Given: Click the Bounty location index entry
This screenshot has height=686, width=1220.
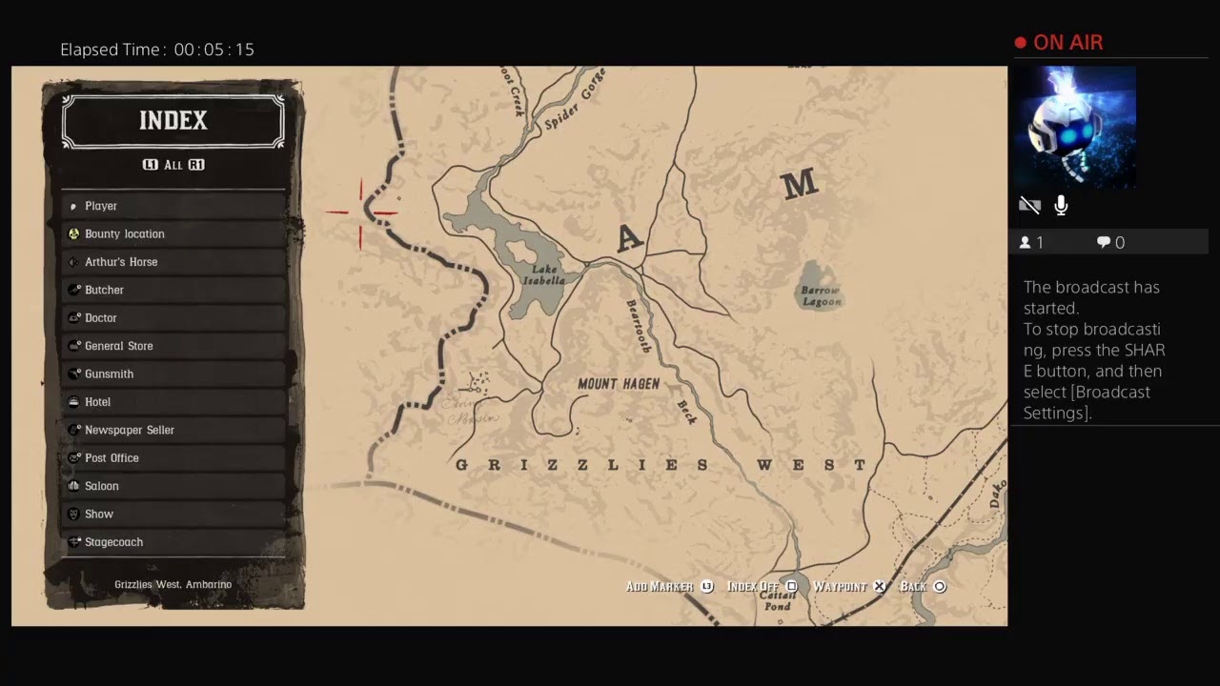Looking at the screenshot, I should (x=124, y=233).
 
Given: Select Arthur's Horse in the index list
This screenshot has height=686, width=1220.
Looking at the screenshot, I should (x=121, y=262).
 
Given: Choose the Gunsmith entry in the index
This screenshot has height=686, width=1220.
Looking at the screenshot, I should (x=109, y=373).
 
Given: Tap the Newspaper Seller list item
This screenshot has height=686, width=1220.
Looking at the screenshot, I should (x=129, y=430).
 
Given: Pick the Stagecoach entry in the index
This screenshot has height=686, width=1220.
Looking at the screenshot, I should (x=113, y=542).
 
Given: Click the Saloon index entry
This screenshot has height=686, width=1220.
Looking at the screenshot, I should (x=101, y=486).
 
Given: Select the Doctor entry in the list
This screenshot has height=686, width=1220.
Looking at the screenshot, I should (x=100, y=318).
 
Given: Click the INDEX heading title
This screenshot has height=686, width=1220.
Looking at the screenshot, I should (x=173, y=121).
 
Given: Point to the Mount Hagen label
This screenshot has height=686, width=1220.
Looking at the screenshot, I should (x=619, y=384).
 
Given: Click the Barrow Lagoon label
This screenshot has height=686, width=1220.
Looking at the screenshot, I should (x=821, y=295).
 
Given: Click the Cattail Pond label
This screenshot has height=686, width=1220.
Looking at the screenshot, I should (x=777, y=600).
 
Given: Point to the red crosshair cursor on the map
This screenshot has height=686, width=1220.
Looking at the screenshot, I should (x=361, y=212).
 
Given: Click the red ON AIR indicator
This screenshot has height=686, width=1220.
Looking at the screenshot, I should (x=1059, y=43).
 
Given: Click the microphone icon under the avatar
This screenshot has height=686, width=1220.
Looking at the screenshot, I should (x=1061, y=206).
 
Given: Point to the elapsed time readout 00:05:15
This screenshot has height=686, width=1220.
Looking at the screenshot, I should (x=214, y=50).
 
